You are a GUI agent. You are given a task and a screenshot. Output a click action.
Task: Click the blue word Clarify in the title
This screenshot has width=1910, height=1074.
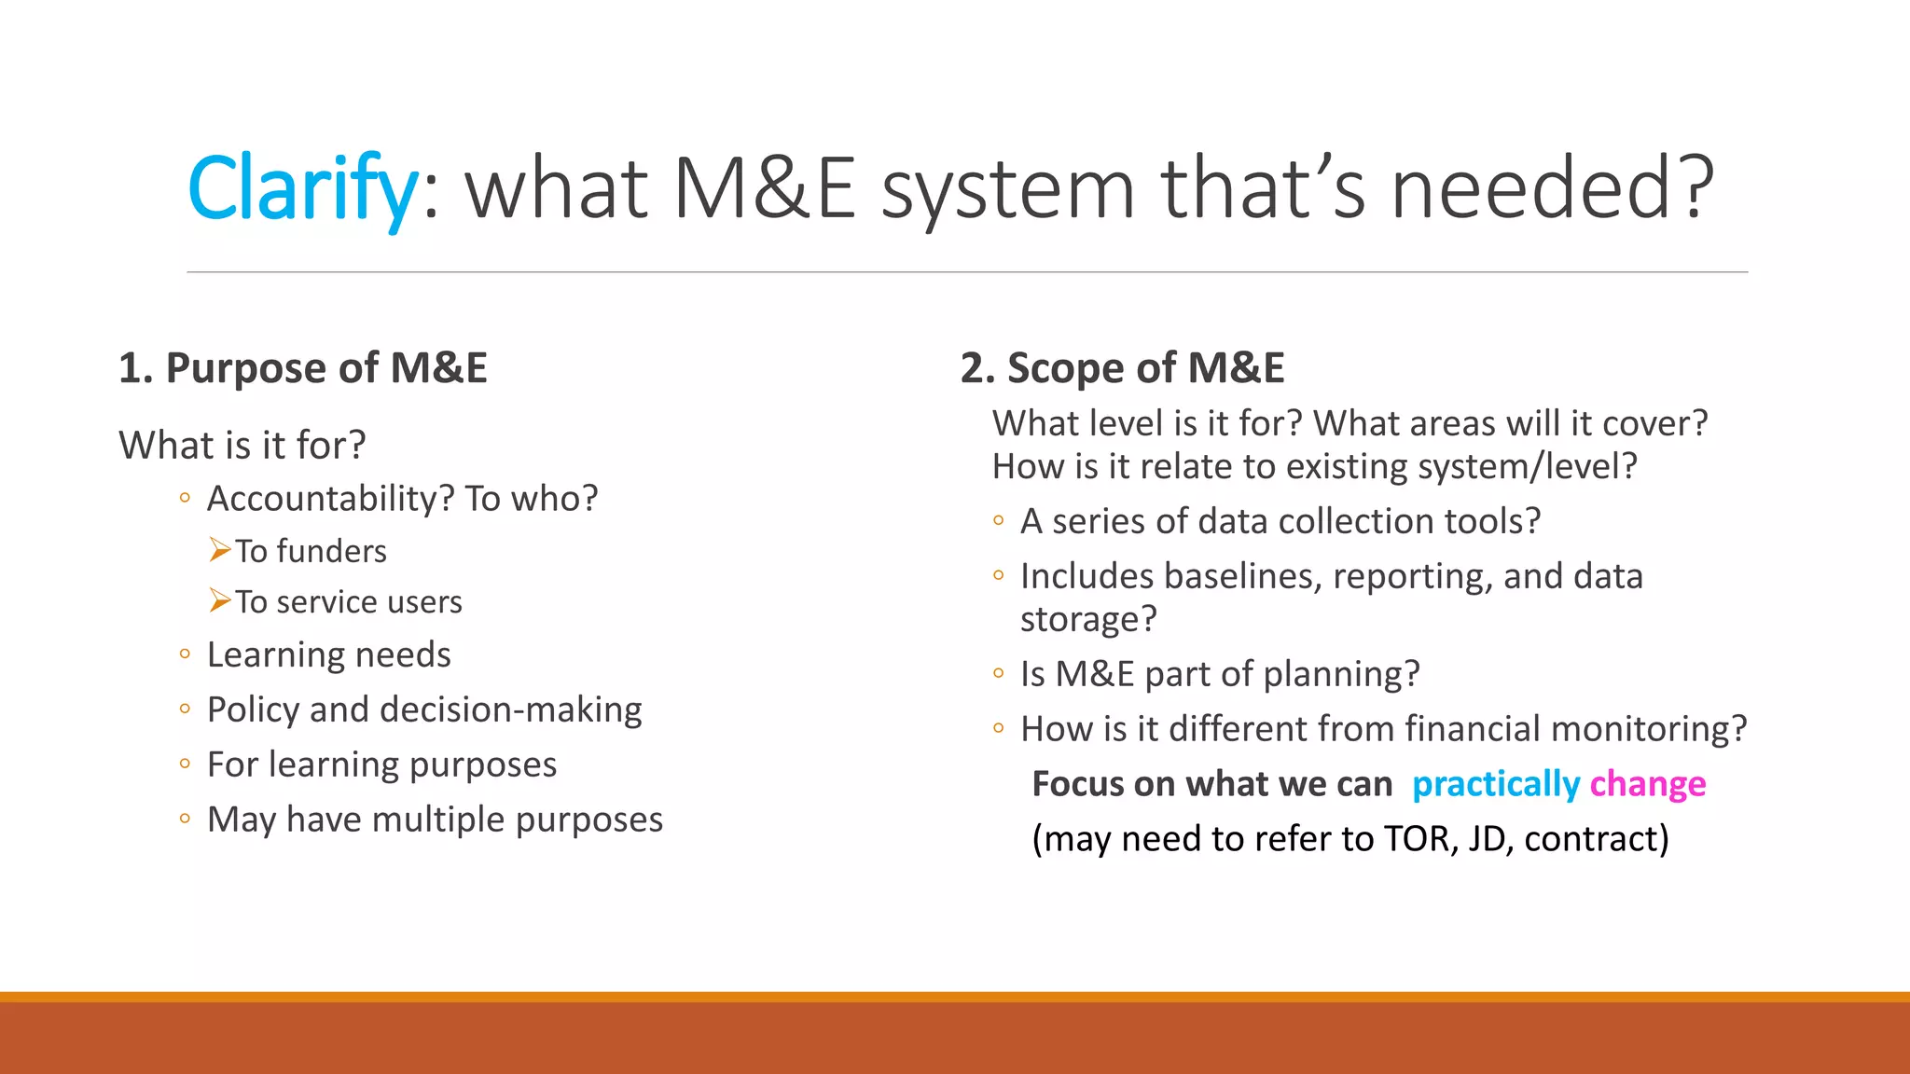coord(301,188)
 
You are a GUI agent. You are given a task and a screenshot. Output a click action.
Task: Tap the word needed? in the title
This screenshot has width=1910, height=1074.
coord(1552,188)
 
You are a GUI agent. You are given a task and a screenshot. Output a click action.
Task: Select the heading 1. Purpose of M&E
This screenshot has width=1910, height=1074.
coord(302,367)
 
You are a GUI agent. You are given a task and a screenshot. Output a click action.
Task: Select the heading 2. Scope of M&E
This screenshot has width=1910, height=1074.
coord(1122,367)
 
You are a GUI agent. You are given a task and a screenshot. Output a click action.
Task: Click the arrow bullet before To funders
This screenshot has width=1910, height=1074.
coord(219,550)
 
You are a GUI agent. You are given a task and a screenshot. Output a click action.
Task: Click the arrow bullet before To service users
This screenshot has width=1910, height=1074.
coord(219,600)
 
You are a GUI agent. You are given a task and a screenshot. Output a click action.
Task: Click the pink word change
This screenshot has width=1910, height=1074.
coord(1647,784)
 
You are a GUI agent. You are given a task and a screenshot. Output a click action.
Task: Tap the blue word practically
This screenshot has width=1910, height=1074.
coord(1495,784)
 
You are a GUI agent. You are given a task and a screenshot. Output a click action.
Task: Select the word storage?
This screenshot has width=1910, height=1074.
coord(1087,619)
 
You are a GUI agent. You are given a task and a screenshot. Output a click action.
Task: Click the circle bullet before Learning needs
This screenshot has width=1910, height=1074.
coord(185,654)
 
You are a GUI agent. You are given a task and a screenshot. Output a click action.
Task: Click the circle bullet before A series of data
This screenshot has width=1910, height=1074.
coord(999,521)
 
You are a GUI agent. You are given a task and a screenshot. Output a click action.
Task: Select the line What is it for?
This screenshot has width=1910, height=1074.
coord(242,445)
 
